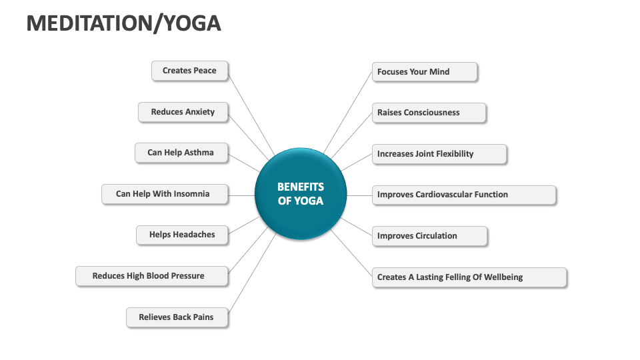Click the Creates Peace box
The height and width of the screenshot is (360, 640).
tap(189, 71)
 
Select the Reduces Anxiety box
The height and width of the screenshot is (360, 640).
tap(183, 112)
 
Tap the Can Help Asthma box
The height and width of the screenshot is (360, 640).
tap(181, 153)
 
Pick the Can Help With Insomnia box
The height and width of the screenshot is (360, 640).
tap(164, 194)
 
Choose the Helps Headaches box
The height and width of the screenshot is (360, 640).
tap(182, 235)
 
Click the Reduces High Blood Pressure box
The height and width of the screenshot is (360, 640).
tap(151, 276)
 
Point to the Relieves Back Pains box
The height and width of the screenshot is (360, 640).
tap(176, 317)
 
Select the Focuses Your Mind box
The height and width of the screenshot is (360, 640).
tap(424, 72)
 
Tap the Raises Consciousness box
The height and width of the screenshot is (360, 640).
tap(428, 113)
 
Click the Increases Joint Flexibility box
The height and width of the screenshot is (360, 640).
tap(439, 154)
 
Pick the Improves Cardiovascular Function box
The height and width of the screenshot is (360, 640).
tap(463, 195)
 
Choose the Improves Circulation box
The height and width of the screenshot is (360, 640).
tap(429, 236)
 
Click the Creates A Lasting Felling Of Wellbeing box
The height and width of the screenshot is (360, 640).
tap(469, 277)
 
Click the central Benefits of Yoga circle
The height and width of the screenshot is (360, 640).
tap(301, 194)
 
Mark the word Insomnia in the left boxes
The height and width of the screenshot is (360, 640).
tap(191, 194)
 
